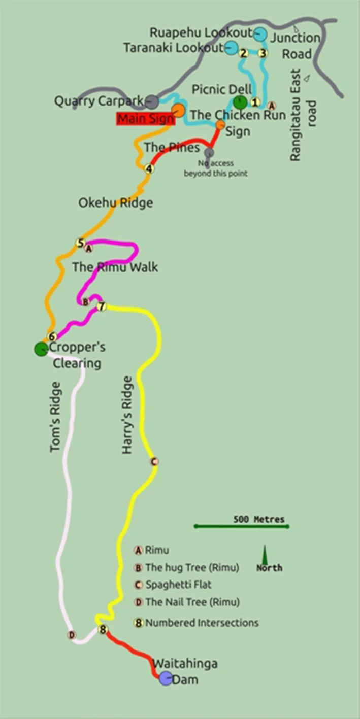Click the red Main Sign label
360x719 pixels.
(x=145, y=119)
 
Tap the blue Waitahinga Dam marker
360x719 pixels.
(x=166, y=678)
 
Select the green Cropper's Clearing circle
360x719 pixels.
(x=41, y=349)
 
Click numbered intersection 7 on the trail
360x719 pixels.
(x=102, y=306)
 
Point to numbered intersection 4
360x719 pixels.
(x=149, y=169)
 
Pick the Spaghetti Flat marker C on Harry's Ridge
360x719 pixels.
(x=155, y=462)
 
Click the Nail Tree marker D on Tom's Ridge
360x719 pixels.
(x=72, y=635)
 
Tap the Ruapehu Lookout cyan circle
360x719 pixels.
(x=260, y=34)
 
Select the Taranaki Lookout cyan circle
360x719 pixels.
(x=231, y=48)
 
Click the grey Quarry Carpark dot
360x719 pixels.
(x=151, y=101)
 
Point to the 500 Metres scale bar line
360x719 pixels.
(x=241, y=526)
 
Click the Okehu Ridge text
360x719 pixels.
(x=115, y=203)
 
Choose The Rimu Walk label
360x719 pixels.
(x=115, y=267)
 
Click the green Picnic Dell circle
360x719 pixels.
(x=240, y=102)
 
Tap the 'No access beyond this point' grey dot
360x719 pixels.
(x=209, y=152)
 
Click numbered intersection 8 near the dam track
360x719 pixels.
(x=103, y=630)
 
